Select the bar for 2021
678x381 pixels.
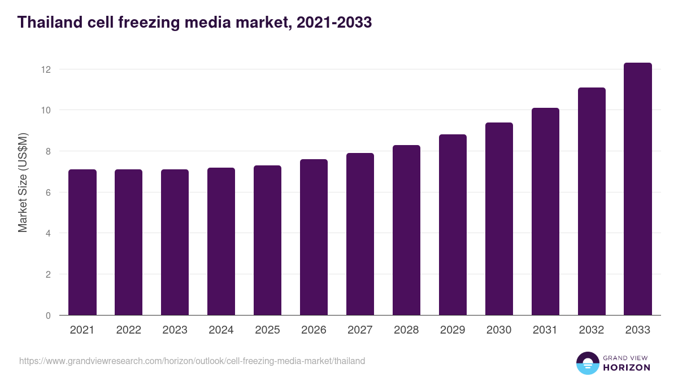click(82, 242)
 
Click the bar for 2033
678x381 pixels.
click(638, 189)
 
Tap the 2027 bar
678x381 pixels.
click(360, 234)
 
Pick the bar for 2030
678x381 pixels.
click(499, 219)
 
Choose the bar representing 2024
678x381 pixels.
click(221, 242)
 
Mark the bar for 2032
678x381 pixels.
click(592, 202)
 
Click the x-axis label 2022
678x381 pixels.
click(128, 330)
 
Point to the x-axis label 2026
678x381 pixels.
click(314, 330)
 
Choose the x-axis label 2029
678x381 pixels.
click(453, 330)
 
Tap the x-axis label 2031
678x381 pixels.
click(545, 330)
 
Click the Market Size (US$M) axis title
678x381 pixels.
click(23, 182)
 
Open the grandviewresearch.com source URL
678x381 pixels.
click(192, 361)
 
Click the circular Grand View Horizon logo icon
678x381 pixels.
click(587, 363)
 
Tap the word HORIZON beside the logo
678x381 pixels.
click(627, 367)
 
